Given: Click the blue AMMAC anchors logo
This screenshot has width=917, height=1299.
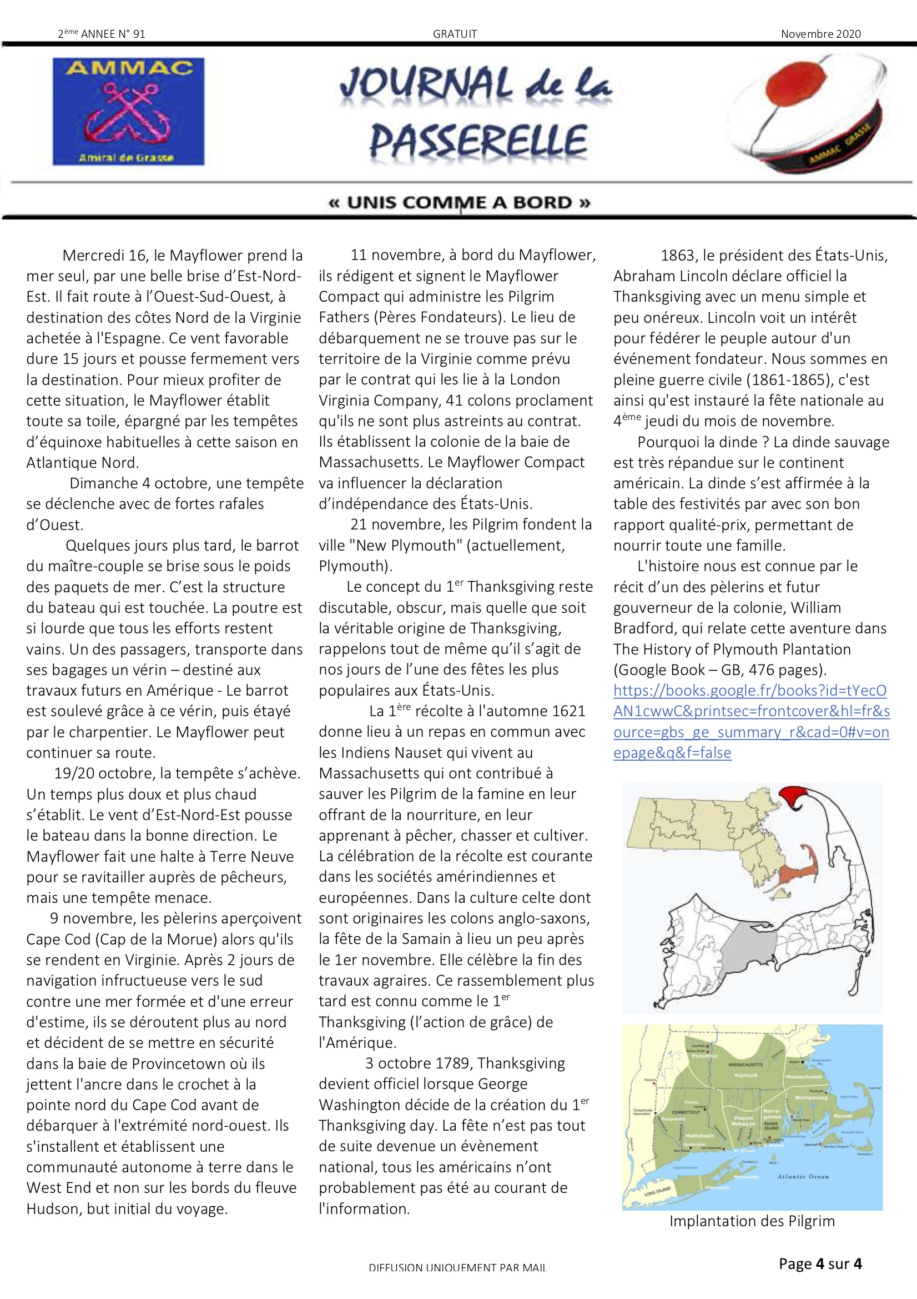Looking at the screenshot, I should coord(128,111).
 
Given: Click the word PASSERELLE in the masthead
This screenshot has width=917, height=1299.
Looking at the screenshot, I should coord(478,142).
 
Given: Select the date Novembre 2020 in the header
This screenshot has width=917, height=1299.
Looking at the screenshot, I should coord(820,34).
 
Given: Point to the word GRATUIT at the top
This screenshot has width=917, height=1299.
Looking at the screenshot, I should coord(455,34).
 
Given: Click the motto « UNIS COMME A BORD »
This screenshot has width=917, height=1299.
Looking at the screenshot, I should coord(459,203).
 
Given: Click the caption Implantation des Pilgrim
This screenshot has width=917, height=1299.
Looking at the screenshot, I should coord(752,1221).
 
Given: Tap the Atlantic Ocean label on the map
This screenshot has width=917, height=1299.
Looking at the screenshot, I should coord(802,1176).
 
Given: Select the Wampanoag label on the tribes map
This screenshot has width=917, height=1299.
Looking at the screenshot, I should coord(811,1097).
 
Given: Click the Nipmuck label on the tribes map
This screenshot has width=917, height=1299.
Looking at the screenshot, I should coord(745,1075).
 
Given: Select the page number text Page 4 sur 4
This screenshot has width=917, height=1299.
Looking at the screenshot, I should coord(820,1264).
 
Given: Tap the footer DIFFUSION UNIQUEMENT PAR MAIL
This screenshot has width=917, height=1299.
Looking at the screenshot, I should coord(457,1268).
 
